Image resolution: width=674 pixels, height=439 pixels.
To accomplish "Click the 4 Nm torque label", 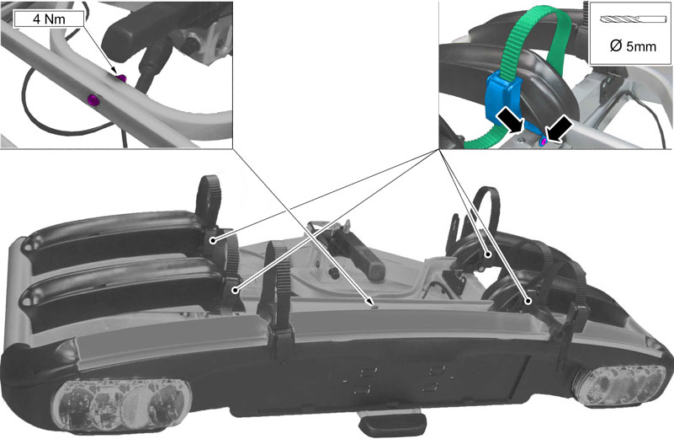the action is pos(49,19).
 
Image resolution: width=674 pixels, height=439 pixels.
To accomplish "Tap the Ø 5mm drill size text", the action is pos(633,46).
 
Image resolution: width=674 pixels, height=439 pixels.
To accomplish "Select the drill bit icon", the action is pos(630,19).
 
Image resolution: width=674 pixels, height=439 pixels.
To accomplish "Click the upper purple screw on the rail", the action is pos(122,78).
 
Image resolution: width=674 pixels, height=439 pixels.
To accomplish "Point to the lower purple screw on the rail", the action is pos(93,100).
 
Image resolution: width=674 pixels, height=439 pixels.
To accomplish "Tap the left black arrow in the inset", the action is pos(510,120).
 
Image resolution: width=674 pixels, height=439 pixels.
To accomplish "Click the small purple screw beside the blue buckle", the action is pos(544,141).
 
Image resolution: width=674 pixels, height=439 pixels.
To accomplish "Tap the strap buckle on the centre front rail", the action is pos(281,341).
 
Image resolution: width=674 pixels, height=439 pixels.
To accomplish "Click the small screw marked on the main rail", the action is pos(374,307).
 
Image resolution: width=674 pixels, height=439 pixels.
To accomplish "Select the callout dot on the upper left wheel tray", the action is pos(212,241).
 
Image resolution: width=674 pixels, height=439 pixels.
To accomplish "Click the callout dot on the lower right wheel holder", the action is pos(528,302).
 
